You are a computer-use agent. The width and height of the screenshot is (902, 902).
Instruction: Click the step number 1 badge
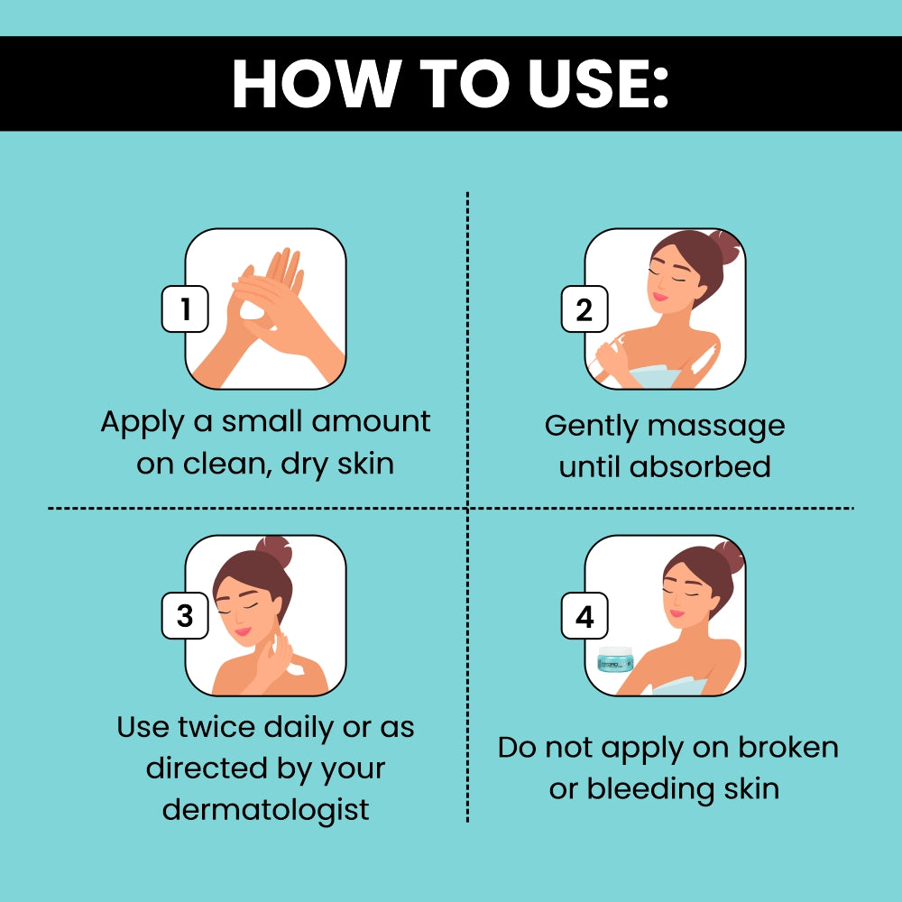tap(185, 308)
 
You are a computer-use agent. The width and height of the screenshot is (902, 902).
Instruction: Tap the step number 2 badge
tap(584, 308)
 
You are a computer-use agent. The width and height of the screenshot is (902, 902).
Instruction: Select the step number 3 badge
tap(185, 615)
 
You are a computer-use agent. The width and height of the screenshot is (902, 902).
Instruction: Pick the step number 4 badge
tap(584, 615)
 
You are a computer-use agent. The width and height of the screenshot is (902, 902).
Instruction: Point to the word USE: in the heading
tap(599, 84)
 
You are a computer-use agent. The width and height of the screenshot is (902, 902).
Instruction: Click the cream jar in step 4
tap(615, 659)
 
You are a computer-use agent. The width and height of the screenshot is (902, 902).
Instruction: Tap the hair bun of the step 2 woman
tap(725, 246)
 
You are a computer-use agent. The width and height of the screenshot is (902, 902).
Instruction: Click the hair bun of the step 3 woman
tap(275, 551)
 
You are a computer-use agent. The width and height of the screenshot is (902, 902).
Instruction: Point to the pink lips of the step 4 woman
tap(677, 613)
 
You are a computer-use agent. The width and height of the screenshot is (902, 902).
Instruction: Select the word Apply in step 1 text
tap(143, 423)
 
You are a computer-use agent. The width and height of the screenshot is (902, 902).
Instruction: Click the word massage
tap(716, 428)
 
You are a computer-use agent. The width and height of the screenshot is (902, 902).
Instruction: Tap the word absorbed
tap(700, 466)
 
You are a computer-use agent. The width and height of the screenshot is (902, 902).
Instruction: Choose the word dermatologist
tap(266, 810)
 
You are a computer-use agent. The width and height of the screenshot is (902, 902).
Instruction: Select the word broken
tap(788, 747)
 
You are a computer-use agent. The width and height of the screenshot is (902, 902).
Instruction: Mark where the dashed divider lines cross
tap(467, 509)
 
